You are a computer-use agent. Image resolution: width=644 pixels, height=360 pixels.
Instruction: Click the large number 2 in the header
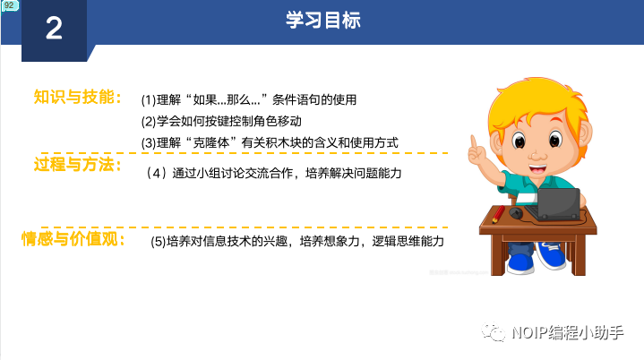54,29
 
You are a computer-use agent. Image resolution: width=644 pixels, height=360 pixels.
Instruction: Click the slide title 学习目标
323,20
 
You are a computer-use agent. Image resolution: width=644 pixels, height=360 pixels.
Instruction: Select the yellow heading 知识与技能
78,98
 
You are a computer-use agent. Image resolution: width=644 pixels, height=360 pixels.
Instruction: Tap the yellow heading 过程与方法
78,164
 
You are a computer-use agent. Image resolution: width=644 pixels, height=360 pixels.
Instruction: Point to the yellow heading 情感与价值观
73,238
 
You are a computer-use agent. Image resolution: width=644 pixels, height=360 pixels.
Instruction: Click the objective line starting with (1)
248,99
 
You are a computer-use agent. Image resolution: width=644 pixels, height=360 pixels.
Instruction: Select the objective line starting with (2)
221,122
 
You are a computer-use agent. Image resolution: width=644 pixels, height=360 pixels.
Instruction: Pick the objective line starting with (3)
270,143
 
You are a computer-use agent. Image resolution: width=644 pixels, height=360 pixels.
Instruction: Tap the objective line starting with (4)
273,173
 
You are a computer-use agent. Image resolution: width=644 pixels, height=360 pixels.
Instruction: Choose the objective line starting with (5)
297,241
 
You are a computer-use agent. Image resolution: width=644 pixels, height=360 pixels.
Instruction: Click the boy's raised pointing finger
474,141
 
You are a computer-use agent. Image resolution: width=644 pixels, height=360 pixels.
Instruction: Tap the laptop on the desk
555,204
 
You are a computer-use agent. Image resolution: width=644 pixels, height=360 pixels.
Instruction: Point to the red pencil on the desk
499,214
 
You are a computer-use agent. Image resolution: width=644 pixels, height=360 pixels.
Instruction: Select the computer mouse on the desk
515,212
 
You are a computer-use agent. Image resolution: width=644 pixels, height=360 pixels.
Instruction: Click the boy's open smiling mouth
537,168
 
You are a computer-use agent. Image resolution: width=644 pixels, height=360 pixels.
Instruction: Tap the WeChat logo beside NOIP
493,331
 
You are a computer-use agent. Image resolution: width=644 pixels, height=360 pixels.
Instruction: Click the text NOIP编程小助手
568,332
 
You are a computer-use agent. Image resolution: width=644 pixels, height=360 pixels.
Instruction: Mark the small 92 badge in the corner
10,5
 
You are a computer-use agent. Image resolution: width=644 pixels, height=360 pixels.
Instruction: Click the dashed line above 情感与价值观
245,227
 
